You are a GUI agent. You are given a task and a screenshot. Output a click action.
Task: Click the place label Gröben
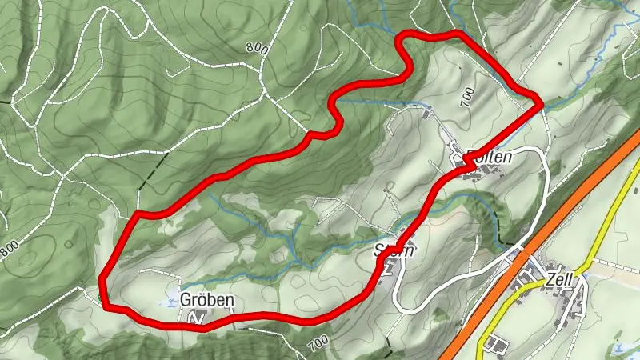click(208, 301)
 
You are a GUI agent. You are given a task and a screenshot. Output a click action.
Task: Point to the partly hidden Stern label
click(395, 250)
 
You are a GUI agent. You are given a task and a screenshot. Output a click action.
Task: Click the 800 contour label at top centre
click(256, 48)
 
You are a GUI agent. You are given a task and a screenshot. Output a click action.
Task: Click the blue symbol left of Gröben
click(170, 302)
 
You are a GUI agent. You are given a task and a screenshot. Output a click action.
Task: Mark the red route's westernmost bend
click(102, 278)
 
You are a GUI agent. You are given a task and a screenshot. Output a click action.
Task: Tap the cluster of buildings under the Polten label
click(468, 168)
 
